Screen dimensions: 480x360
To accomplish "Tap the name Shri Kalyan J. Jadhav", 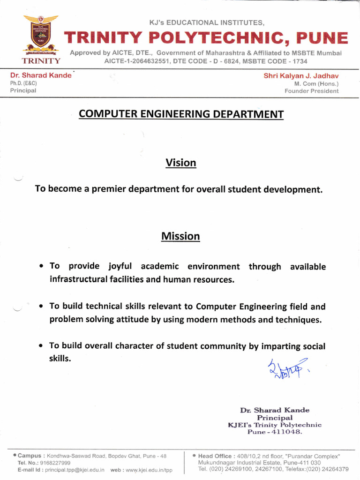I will [x=301, y=75].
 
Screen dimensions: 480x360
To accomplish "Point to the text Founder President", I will [x=311, y=91].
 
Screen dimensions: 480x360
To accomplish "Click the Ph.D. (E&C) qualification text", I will [x=23, y=83].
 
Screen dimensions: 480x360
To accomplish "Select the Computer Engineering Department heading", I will [x=181, y=114].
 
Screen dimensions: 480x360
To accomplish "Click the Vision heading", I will [x=180, y=163].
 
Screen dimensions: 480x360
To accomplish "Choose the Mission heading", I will [x=180, y=236].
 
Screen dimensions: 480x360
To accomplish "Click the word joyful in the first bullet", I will [x=120, y=266].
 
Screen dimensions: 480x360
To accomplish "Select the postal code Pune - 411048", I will [x=275, y=432].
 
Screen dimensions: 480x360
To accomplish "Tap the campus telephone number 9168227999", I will [x=55, y=463].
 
